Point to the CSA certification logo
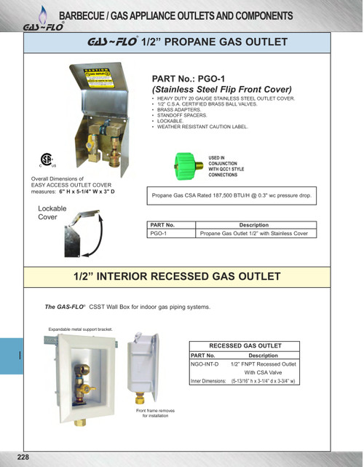45,162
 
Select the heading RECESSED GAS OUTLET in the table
245,345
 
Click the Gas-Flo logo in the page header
42,26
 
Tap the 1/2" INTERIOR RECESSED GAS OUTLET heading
177,277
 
